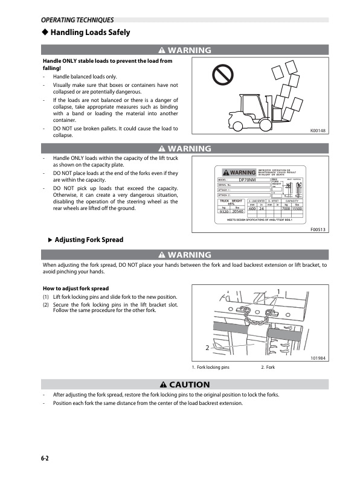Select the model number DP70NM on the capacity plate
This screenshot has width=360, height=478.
pyautogui.click(x=248, y=179)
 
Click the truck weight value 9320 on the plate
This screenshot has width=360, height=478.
pyautogui.click(x=223, y=211)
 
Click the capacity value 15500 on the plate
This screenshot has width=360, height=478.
pyautogui.click(x=306, y=208)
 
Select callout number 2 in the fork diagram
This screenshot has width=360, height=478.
pyautogui.click(x=207, y=348)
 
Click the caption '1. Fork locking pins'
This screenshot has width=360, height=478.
pyautogui.click(x=211, y=368)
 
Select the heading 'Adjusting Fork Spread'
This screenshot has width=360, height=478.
pyautogui.click(x=89, y=240)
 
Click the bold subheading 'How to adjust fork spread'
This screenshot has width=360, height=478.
pyautogui.click(x=76, y=288)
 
